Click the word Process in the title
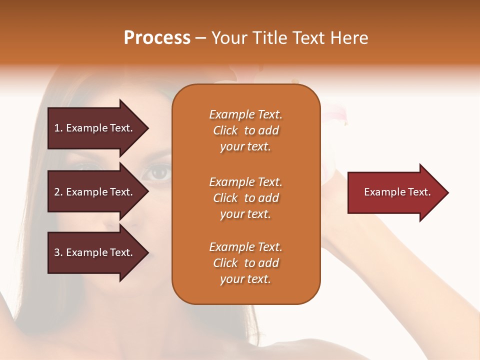pos(157,38)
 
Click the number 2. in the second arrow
pos(58,192)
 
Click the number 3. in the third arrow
pos(58,252)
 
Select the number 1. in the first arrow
pos(58,128)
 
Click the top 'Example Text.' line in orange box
pos(245,114)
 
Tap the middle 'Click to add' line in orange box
pos(245,198)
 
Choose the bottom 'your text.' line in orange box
pos(245,279)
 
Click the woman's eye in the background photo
pos(159,172)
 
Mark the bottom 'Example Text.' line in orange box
pos(245,247)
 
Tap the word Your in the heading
pos(229,38)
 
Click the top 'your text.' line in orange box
pos(245,147)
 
